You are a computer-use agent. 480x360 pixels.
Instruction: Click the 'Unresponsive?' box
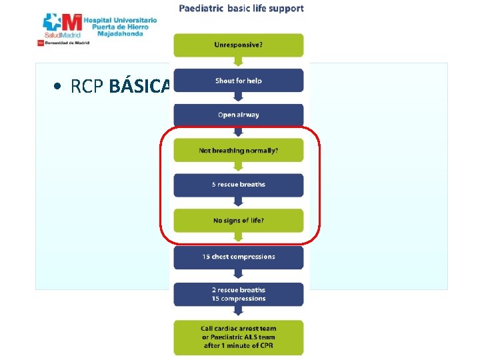tap(239, 45)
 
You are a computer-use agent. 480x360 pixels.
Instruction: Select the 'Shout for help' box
tap(239, 81)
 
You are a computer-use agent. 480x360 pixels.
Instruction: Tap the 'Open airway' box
tap(239, 115)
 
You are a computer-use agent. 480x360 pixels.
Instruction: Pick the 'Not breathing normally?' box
tap(239, 151)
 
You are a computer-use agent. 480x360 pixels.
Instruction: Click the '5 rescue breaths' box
tap(239, 185)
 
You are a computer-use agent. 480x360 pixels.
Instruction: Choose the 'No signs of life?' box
tap(239, 221)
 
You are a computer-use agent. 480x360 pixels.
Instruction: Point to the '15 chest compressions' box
tap(239, 257)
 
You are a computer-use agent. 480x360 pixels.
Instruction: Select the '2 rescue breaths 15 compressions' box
tap(239, 294)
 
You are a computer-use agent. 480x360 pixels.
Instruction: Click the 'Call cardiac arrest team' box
tap(239, 337)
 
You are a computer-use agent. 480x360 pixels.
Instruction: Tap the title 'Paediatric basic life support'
tap(241, 9)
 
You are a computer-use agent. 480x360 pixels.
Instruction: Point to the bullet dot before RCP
tap(59, 87)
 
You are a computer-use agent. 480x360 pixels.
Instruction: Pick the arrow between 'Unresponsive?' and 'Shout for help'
tap(239, 63)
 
